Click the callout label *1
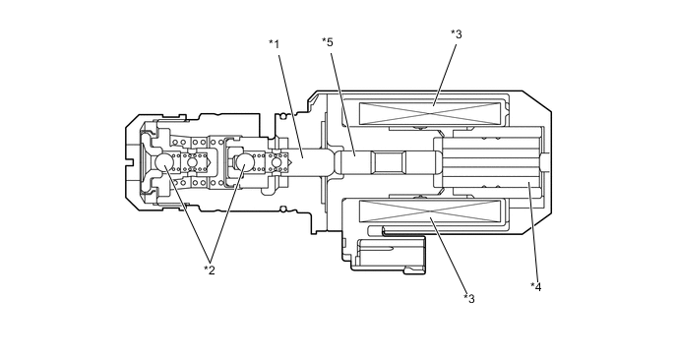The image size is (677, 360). pyautogui.click(x=275, y=44)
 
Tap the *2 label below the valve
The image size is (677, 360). pyautogui.click(x=210, y=270)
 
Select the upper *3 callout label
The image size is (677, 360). pyautogui.click(x=457, y=34)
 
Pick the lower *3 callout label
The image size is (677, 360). pyautogui.click(x=469, y=298)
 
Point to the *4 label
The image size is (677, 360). pyautogui.click(x=536, y=286)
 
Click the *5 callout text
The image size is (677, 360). pyautogui.click(x=328, y=42)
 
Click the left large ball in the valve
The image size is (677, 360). pyautogui.click(x=164, y=162)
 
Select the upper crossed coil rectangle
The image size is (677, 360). pyautogui.click(x=430, y=113)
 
